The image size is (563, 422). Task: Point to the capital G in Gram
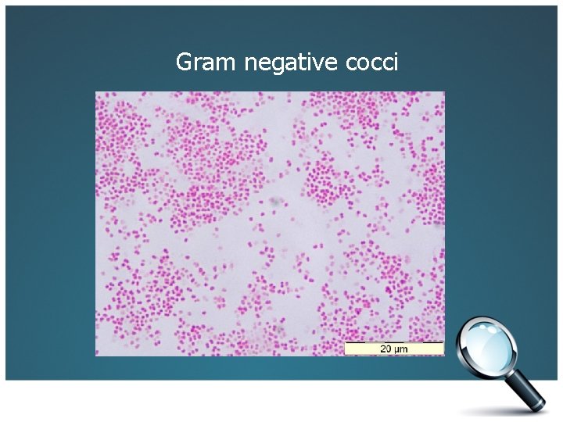tap(185, 62)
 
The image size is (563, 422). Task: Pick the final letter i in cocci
tap(396, 61)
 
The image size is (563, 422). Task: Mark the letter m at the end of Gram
tap(228, 63)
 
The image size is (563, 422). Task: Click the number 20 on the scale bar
tap(386, 349)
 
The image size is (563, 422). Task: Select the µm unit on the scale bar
tap(403, 349)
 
